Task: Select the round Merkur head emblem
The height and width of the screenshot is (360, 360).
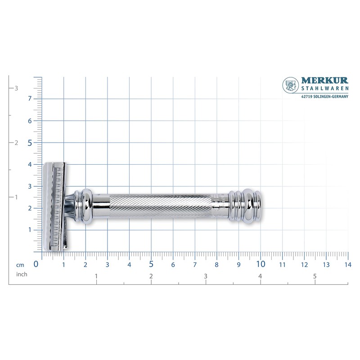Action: pos(290,85)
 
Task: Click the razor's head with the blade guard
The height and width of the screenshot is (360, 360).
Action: pos(55,206)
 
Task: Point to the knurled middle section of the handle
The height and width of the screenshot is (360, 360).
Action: pos(160,206)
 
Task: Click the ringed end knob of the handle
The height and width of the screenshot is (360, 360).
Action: pos(245,206)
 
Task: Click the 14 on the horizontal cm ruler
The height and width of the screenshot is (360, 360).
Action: pos(347,264)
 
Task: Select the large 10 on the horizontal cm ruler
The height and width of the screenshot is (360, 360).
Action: pos(261,264)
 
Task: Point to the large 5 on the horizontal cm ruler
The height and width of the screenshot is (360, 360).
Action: pos(151,264)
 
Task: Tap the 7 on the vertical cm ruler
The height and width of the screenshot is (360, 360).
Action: pos(30,99)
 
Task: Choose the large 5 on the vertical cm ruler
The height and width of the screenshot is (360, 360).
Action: pos(30,143)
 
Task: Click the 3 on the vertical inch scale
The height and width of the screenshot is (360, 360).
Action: pos(16,88)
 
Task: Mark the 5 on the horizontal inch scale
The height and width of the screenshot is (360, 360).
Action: pos(315,276)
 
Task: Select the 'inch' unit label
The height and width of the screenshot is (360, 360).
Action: pos(22,274)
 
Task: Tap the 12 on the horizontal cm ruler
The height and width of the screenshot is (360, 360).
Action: pos(304,264)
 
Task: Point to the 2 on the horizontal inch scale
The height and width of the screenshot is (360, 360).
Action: pos(151,276)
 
